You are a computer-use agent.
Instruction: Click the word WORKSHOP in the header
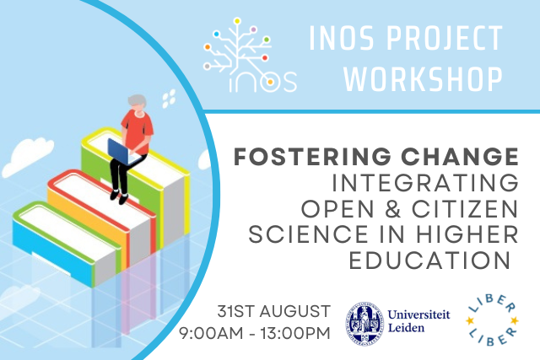coord(424,78)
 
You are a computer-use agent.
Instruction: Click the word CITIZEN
coord(465,209)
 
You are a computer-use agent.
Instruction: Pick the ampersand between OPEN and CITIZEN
coord(393,209)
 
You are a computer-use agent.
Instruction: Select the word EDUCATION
coord(429,261)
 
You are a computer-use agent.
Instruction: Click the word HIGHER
coord(467,234)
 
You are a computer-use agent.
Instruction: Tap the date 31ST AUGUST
coord(273,311)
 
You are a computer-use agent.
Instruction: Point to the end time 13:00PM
coord(295,334)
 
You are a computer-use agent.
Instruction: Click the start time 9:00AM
coord(211,334)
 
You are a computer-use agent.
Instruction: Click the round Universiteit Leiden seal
coord(364,323)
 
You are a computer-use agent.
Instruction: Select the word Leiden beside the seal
coord(406,328)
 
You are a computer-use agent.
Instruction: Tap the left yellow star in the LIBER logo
coord(470,320)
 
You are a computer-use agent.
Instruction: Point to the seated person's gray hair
coord(137,100)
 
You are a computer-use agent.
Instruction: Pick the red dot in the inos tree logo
coord(265,57)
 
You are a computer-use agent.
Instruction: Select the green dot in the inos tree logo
coord(267,40)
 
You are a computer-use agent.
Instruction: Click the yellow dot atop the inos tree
coord(237,21)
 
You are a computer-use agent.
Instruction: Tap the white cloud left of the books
coord(27,157)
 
